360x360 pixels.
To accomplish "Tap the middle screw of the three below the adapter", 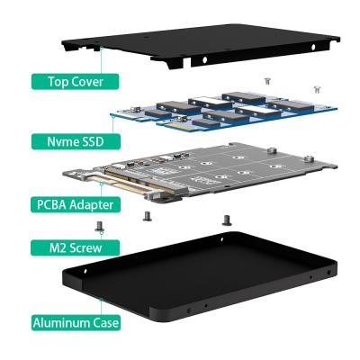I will click(x=146, y=217).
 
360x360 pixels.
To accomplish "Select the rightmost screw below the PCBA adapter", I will click(x=225, y=219).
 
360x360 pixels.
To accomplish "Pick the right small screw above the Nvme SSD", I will click(x=315, y=88).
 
